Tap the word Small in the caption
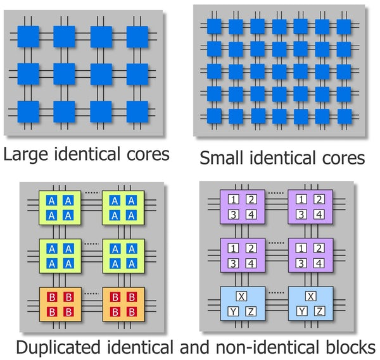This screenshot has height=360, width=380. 221,158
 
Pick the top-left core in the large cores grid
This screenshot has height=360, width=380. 28,37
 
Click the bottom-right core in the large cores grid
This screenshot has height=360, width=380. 137,111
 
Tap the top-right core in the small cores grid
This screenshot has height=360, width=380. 344,26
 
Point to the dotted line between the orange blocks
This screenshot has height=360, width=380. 91,292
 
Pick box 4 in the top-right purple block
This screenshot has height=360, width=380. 319,215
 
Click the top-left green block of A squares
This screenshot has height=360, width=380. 60,208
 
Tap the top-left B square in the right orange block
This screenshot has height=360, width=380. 115,299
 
